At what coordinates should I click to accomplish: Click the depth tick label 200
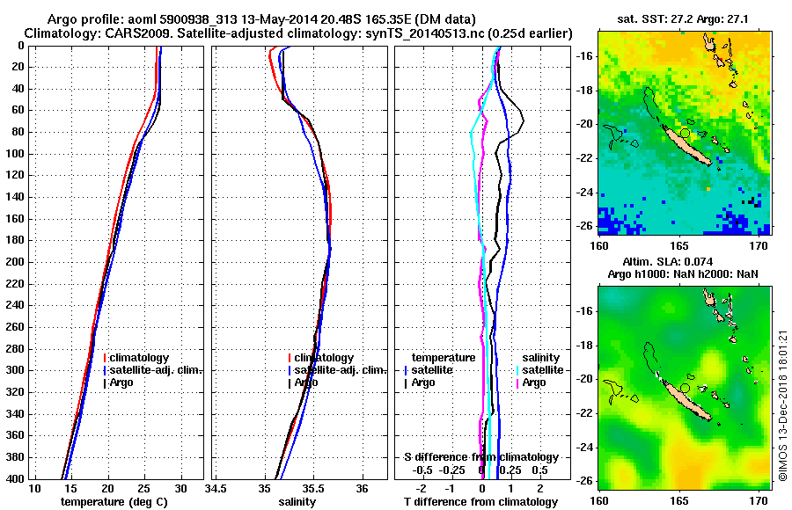[14, 262]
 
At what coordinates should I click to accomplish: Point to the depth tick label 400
[14, 478]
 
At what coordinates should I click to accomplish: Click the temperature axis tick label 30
[180, 488]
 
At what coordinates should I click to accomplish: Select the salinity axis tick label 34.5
[216, 488]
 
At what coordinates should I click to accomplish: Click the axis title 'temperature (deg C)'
[114, 501]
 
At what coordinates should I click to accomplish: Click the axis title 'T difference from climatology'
[480, 501]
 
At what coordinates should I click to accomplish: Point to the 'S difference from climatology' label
[480, 457]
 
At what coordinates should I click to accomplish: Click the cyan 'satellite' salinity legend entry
[539, 370]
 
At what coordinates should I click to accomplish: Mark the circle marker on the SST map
[685, 132]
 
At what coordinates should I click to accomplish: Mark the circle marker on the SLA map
[685, 387]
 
